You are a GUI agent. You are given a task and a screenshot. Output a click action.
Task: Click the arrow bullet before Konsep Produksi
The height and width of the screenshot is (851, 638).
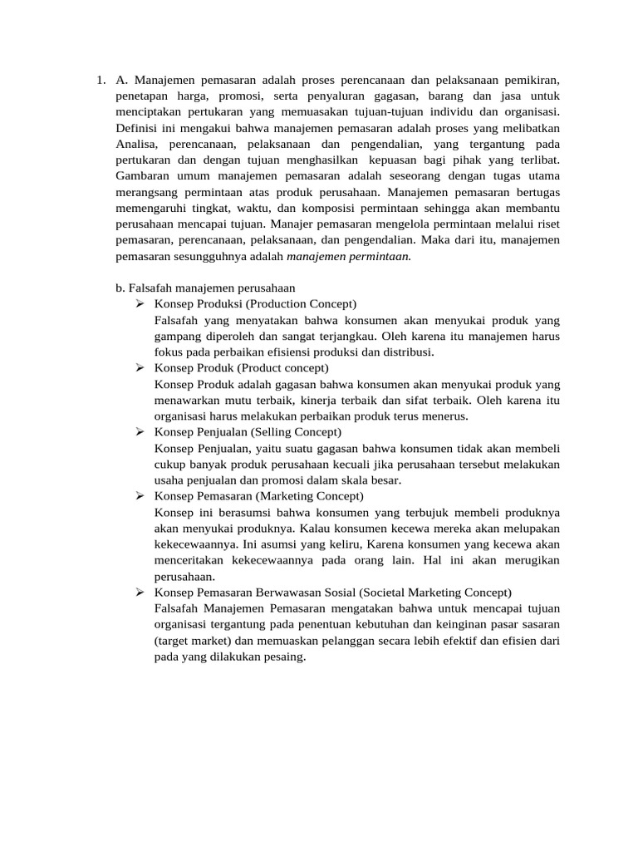click(140, 303)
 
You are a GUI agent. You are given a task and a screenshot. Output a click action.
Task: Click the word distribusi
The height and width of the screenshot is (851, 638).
click(403, 352)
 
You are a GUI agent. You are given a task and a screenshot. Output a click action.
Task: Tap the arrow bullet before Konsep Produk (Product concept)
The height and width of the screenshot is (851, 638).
click(140, 367)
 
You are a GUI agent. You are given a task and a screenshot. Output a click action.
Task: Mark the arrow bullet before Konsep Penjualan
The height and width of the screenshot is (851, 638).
click(140, 431)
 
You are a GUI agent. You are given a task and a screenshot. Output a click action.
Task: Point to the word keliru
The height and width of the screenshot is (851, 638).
click(359, 544)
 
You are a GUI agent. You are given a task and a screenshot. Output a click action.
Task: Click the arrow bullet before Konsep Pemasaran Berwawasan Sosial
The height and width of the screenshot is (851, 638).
click(140, 592)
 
